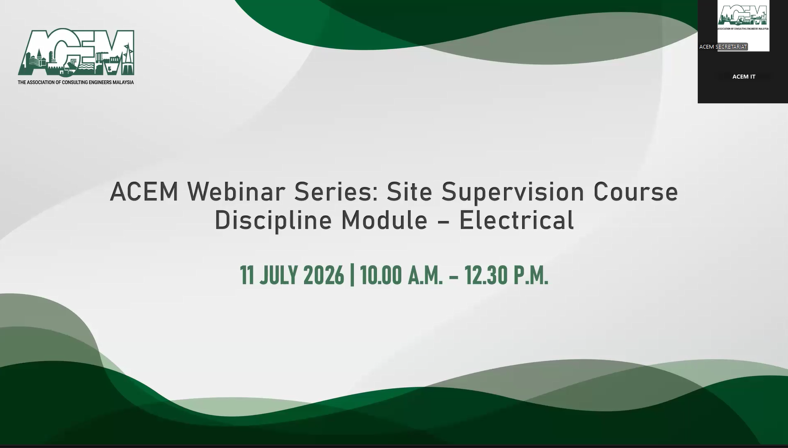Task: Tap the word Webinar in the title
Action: [236, 192]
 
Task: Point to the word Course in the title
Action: [636, 192]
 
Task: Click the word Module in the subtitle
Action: [384, 220]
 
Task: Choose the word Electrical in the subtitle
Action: [517, 220]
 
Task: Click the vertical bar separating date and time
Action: [352, 275]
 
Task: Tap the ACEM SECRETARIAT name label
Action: [723, 47]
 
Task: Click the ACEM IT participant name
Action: [744, 77]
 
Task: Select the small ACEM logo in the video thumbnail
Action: [743, 18]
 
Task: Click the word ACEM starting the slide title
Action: [144, 192]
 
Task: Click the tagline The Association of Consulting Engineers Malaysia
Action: [76, 82]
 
